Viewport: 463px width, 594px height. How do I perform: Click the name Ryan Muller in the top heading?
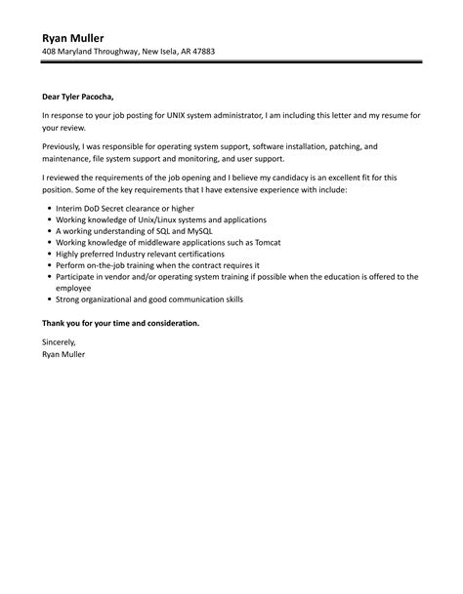click(73, 37)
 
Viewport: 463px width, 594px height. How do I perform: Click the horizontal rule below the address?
click(231, 63)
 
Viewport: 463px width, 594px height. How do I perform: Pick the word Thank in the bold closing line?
click(56, 322)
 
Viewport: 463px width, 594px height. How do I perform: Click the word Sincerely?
click(59, 342)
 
